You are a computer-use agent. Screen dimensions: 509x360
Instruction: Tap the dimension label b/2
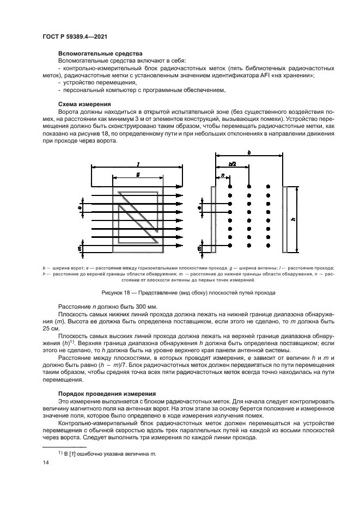click(x=232, y=164)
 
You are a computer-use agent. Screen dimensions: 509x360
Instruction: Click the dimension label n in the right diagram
click(x=222, y=175)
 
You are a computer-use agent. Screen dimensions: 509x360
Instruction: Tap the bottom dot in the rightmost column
click(x=268, y=247)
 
